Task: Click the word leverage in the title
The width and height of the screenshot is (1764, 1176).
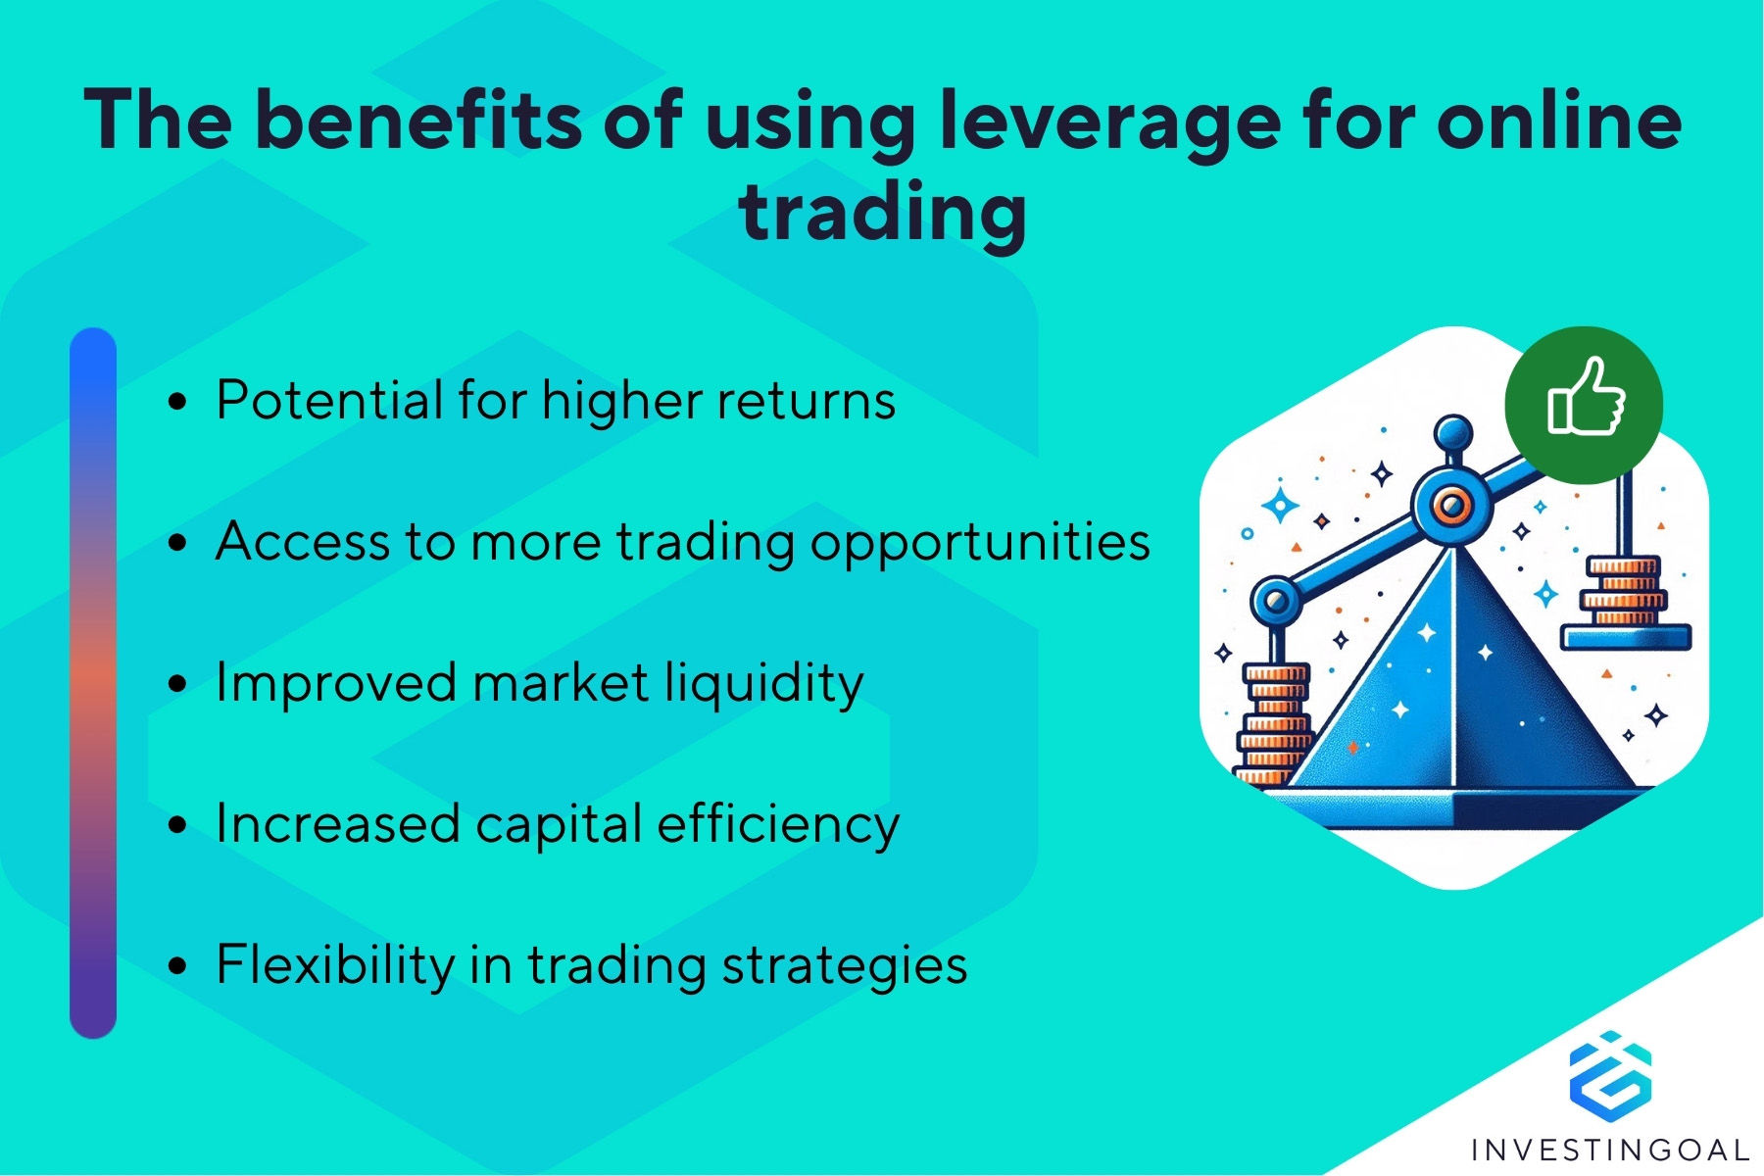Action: pos(1108,122)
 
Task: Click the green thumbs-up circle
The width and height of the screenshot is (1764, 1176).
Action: pos(1584,405)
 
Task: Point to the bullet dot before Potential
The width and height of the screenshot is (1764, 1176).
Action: pos(177,401)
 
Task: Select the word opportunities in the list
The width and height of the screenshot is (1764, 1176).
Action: pos(980,543)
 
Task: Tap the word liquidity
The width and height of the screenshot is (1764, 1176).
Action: pos(765,683)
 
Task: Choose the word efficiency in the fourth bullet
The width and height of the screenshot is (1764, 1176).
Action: pos(778,823)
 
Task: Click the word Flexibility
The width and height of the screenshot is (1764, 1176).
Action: pos(335,964)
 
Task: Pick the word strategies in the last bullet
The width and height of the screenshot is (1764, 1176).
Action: pos(845,965)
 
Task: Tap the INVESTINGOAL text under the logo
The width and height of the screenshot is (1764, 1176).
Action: pos(1610,1150)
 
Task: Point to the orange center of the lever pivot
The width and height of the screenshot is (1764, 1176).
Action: pos(1450,506)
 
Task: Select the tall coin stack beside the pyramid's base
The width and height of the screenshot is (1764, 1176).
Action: pos(1274,724)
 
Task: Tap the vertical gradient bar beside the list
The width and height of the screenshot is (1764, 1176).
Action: pos(93,683)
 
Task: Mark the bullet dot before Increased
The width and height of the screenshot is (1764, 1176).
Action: pos(177,824)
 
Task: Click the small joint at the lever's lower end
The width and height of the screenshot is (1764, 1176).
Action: pos(1276,599)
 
